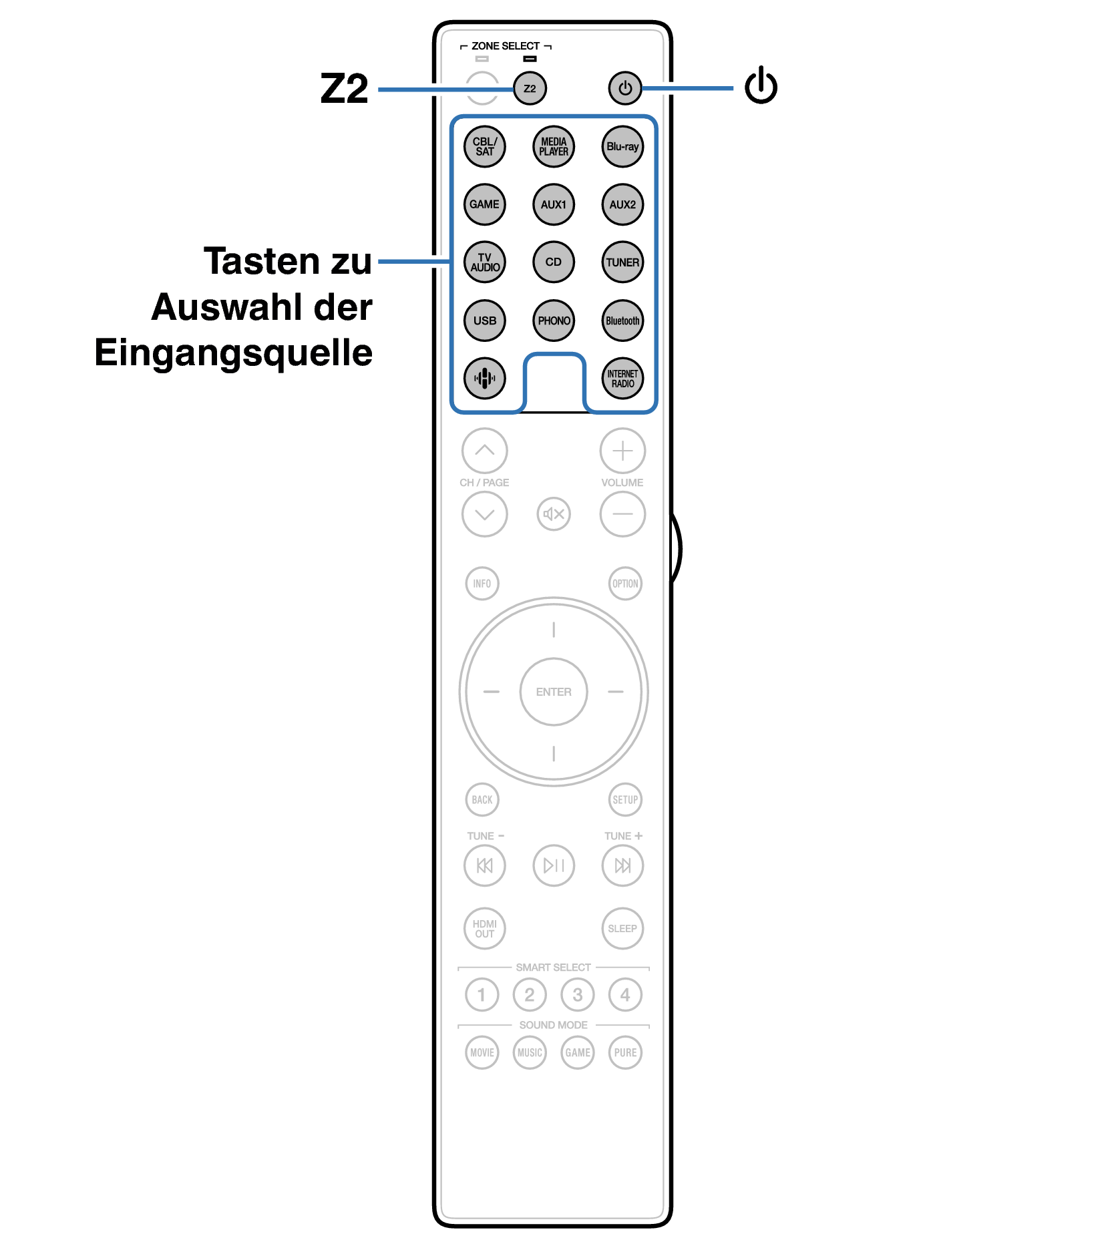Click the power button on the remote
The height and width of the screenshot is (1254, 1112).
click(625, 88)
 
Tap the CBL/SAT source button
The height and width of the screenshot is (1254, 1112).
click(485, 146)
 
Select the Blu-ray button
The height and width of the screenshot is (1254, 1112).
click(622, 146)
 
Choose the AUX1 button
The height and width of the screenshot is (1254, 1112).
click(554, 204)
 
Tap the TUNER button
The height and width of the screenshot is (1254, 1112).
click(622, 262)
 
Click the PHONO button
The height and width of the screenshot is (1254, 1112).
click(554, 321)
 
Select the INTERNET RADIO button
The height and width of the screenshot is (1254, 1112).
click(622, 379)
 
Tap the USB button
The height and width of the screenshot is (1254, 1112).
click(485, 321)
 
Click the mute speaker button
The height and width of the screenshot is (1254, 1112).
click(554, 514)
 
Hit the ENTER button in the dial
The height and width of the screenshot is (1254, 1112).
click(554, 692)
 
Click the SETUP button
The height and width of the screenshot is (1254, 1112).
click(625, 799)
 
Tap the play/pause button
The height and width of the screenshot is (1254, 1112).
click(554, 865)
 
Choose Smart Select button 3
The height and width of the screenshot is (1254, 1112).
click(578, 995)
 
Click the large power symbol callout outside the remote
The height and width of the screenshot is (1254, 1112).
click(761, 85)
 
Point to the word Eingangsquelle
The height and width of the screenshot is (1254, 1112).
click(234, 353)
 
